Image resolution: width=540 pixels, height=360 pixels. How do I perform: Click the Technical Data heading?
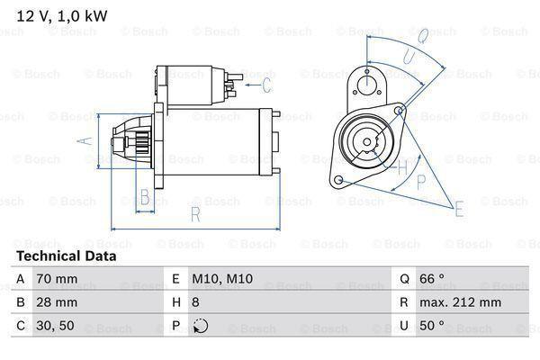pyautogui.click(x=67, y=256)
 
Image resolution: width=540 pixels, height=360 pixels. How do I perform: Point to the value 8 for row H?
pyautogui.click(x=195, y=303)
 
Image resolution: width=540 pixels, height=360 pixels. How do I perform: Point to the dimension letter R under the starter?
pyautogui.click(x=193, y=213)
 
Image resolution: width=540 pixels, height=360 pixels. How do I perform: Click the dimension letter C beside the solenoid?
pyautogui.click(x=265, y=86)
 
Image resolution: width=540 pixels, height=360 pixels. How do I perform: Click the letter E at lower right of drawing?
pyautogui.click(x=459, y=211)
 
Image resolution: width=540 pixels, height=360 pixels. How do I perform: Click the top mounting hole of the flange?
pyautogui.click(x=367, y=83)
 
